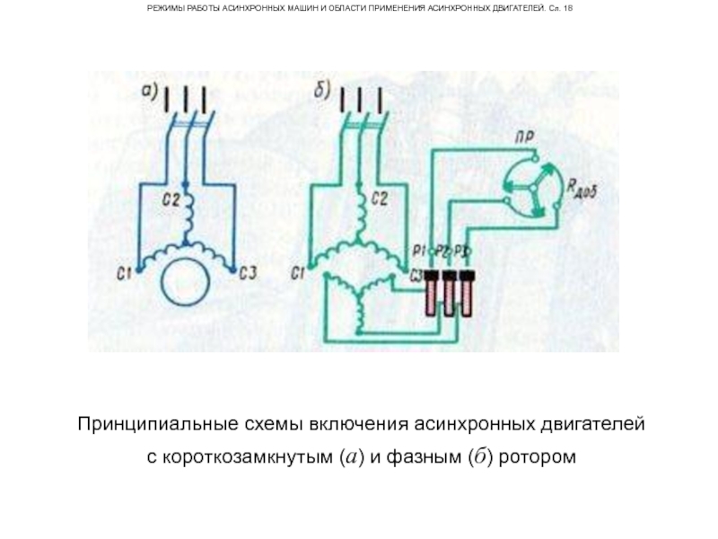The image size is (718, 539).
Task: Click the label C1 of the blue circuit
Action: pos(126,273)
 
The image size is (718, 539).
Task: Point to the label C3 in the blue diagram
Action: pos(249,273)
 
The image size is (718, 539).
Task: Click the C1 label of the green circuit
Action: pos(300,273)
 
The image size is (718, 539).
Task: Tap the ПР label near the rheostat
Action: pos(527,136)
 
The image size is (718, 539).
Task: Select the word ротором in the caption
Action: pos(535,457)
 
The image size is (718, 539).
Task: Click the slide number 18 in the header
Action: pos(567,8)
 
